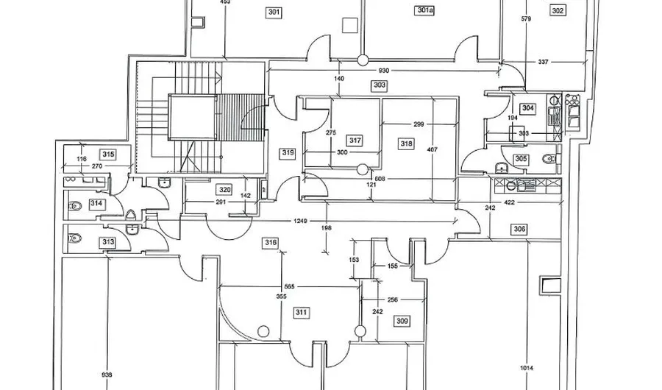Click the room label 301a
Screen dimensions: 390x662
tap(425, 11)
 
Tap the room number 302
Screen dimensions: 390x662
tap(558, 11)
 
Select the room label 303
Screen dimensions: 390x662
tap(380, 85)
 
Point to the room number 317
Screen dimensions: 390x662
tap(355, 141)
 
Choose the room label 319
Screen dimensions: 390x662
tap(288, 153)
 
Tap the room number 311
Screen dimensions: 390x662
tap(302, 313)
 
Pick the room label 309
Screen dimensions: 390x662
tap(402, 321)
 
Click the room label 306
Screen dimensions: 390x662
tap(520, 230)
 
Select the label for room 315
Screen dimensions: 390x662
tap(108, 155)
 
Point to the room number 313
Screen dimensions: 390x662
tap(108, 243)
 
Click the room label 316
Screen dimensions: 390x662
tap(271, 243)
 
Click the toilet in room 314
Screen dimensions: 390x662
tap(74, 206)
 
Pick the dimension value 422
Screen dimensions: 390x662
tap(508, 202)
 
